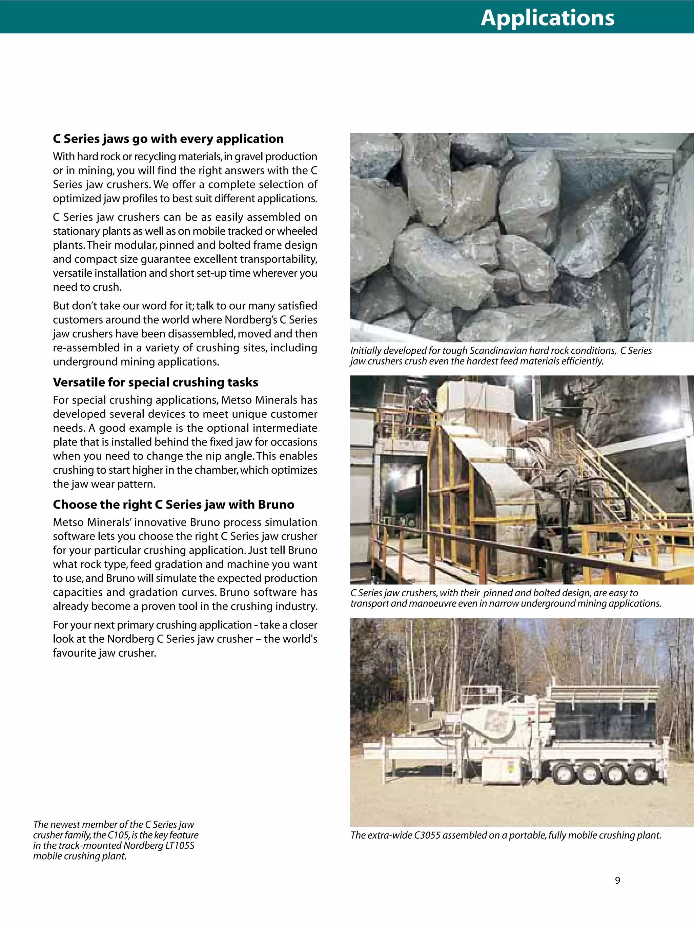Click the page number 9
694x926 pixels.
point(617,880)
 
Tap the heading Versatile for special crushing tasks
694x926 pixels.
point(155,382)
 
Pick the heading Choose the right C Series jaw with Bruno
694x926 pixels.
point(173,505)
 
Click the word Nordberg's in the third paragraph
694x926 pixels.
point(251,320)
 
